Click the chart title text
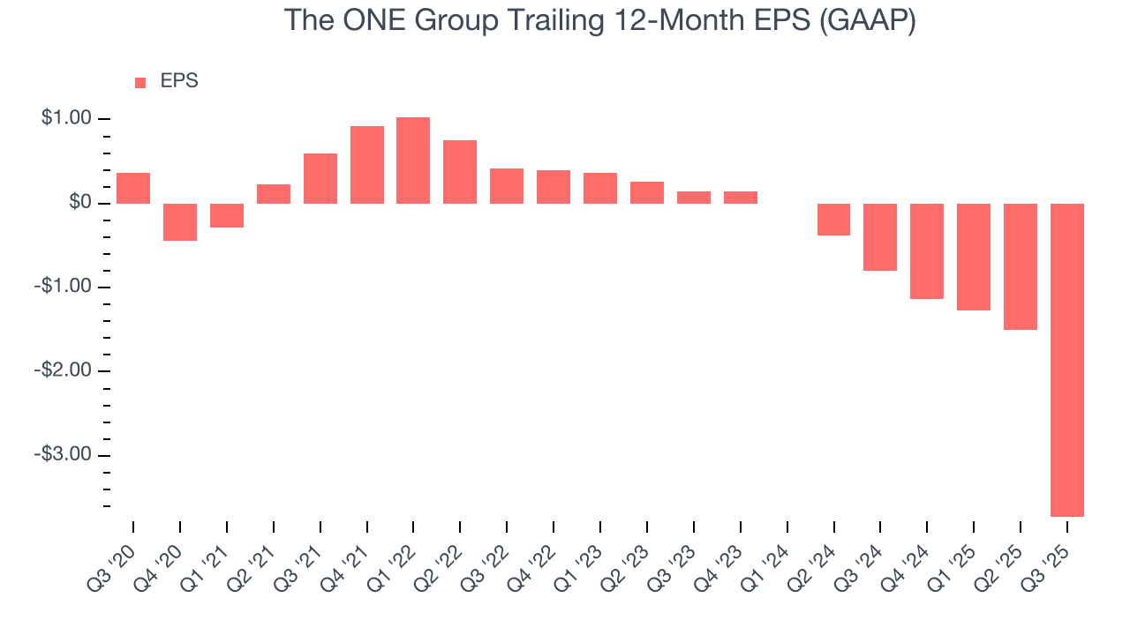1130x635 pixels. click(x=600, y=20)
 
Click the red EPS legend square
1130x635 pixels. click(x=140, y=83)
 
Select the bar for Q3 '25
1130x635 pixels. click(x=1066, y=360)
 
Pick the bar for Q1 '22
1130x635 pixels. click(x=413, y=161)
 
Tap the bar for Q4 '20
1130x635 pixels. click(x=180, y=222)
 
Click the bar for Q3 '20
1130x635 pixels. click(x=133, y=188)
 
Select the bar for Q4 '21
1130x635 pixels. click(x=366, y=165)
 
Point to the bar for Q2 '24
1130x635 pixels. click(x=833, y=220)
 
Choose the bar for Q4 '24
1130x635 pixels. click(x=927, y=251)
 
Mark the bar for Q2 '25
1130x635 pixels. click(x=1020, y=266)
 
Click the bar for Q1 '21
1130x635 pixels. click(x=227, y=216)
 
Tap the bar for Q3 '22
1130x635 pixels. click(x=507, y=186)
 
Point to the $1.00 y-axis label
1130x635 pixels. click(x=66, y=119)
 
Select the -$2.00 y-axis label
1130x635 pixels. click(x=64, y=371)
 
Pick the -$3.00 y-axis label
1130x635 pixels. click(x=64, y=455)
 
